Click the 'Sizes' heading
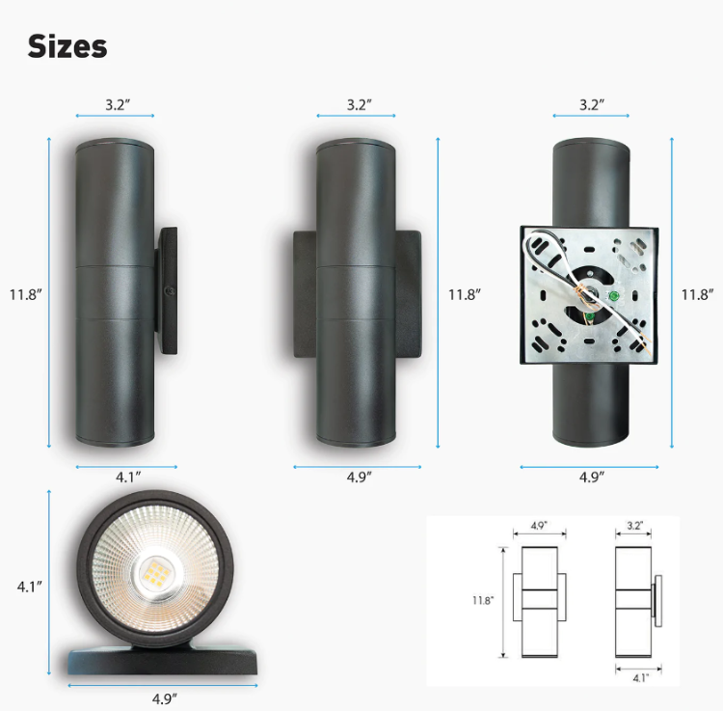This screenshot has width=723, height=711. click(x=67, y=45)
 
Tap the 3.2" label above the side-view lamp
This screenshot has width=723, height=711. click(x=117, y=104)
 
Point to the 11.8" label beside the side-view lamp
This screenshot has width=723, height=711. click(x=25, y=294)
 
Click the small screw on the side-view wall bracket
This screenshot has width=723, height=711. click(x=171, y=289)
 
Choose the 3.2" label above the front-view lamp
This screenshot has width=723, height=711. click(x=359, y=104)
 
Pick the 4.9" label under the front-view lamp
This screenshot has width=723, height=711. click(x=358, y=476)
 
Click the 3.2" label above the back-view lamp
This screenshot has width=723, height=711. click(x=591, y=104)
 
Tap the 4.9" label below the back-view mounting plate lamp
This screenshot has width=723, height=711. click(x=591, y=476)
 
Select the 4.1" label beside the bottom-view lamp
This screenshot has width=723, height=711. click(x=29, y=586)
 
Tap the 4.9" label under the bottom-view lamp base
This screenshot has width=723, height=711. click(x=163, y=697)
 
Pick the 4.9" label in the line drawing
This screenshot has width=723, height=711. click(x=540, y=527)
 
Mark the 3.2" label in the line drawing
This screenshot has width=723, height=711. click(x=634, y=527)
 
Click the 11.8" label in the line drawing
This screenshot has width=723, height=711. click(x=483, y=600)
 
